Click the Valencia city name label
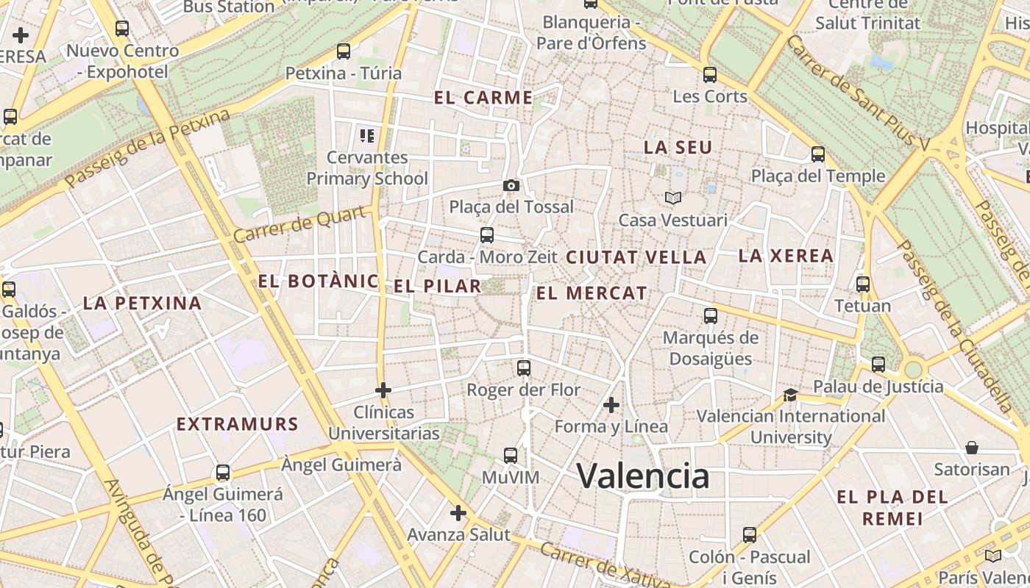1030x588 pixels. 642,476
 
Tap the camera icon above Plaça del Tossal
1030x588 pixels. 511,185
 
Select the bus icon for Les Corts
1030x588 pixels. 710,74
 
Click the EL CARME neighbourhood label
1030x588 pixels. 483,98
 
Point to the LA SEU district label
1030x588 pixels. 678,148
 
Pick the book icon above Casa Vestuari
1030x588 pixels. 672,198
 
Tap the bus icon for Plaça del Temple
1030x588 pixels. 818,154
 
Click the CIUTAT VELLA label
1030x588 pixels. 636,258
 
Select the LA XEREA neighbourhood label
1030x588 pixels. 786,257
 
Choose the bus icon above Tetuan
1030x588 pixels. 863,284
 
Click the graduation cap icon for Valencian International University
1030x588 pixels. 790,395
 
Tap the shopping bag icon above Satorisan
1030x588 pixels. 972,447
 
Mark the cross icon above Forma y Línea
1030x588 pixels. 611,404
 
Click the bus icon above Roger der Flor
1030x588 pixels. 524,367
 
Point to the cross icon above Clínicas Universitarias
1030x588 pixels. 383,390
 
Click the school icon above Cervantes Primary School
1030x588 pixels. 367,135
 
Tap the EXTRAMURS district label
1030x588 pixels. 238,424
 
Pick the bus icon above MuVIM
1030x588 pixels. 511,456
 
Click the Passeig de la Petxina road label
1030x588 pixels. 147,149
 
